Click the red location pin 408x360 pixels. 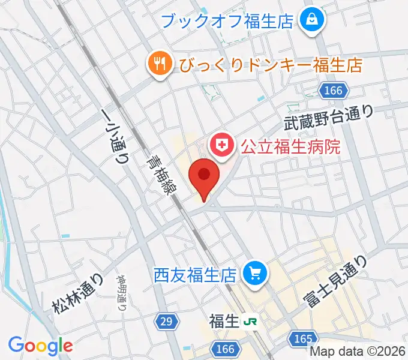pyautogui.click(x=204, y=178)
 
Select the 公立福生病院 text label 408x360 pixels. pyautogui.click(x=290, y=146)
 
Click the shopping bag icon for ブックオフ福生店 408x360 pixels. pyautogui.click(x=313, y=21)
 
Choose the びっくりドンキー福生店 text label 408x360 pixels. pyautogui.click(x=269, y=64)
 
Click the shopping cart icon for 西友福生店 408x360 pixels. pyautogui.click(x=254, y=274)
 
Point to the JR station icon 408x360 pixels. pyautogui.click(x=250, y=322)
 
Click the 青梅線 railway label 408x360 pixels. pyautogui.click(x=158, y=175)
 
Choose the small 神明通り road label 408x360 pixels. pyautogui.click(x=121, y=292)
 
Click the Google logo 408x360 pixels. pyautogui.click(x=40, y=346)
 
